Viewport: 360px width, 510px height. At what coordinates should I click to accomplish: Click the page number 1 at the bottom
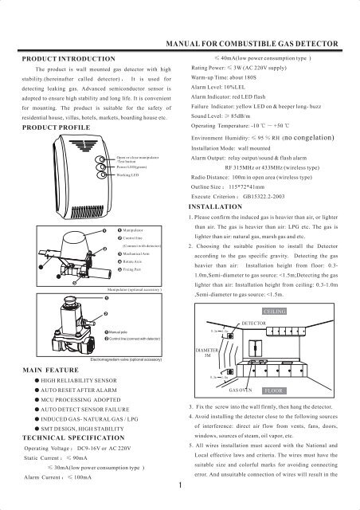182,483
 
